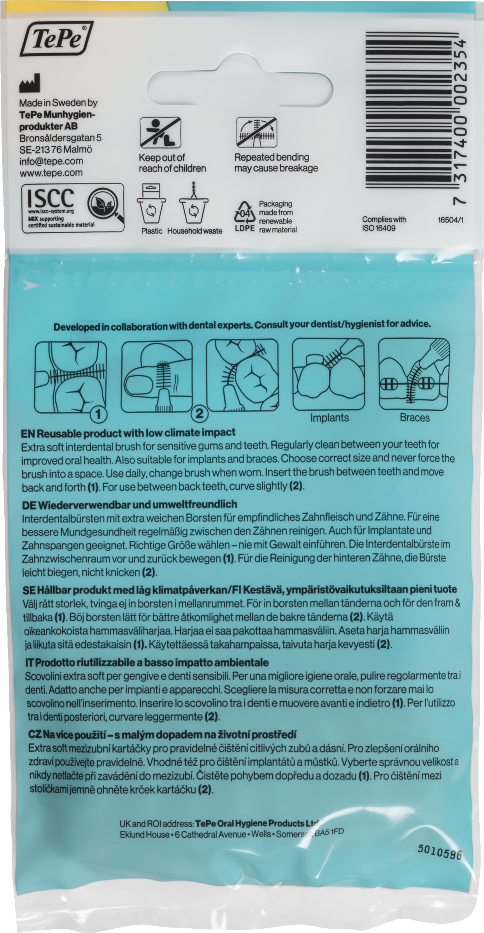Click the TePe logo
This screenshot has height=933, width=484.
click(x=56, y=39)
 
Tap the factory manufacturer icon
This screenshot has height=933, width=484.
click(x=30, y=83)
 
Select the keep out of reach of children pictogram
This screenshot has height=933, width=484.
click(x=160, y=133)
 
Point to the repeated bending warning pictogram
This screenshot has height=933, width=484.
click(x=256, y=132)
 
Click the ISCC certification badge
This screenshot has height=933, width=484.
click(x=73, y=208)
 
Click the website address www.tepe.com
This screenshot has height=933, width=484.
click(x=51, y=173)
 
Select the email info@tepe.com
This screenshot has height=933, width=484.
click(x=51, y=161)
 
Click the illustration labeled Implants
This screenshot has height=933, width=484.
click(x=328, y=374)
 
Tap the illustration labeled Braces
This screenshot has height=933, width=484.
click(x=414, y=374)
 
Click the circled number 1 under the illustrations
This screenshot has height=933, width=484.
click(x=98, y=414)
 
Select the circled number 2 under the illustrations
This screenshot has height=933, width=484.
click(x=199, y=413)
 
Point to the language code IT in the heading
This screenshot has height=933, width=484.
click(x=30, y=662)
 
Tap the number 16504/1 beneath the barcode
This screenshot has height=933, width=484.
click(x=451, y=220)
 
